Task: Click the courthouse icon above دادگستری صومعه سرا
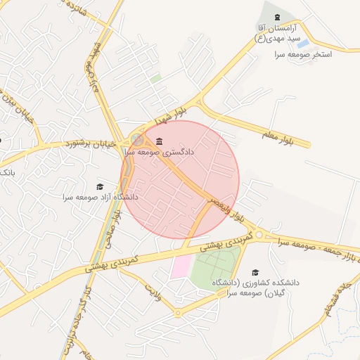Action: [159, 141]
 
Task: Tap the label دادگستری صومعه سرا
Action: [169, 151]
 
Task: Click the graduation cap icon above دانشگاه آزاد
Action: [100, 186]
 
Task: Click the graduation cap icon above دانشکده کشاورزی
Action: [255, 272]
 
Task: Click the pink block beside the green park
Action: [181, 268]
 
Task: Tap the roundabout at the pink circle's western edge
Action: [137, 140]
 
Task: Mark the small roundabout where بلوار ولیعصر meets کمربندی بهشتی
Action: [259, 234]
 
